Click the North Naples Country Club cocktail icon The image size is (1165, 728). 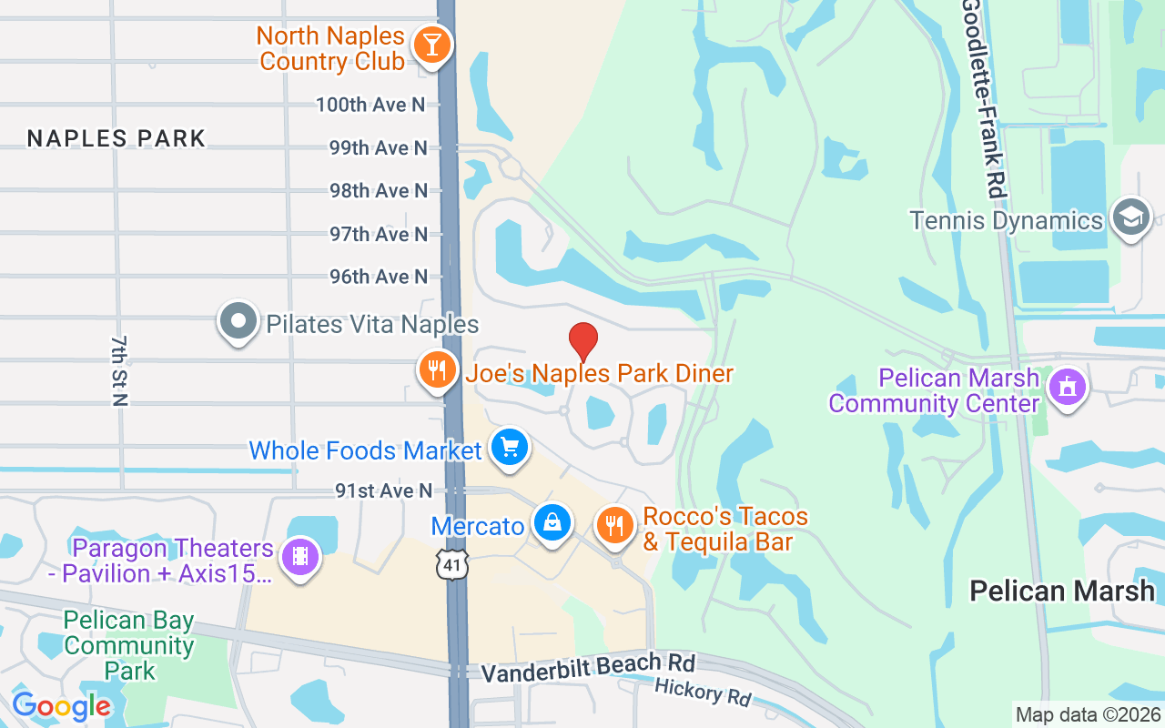[x=431, y=45]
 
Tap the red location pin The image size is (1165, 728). [x=583, y=342]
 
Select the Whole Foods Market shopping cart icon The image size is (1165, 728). [x=510, y=447]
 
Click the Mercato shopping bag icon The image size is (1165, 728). [x=552, y=522]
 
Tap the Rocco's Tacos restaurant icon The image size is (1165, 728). [x=615, y=525]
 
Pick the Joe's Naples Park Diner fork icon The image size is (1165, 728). [x=438, y=369]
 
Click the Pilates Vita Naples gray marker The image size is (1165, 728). [x=238, y=321]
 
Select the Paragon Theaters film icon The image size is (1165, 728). [x=299, y=555]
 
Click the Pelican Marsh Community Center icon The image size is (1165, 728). [x=1067, y=386]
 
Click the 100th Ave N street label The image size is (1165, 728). [x=371, y=105]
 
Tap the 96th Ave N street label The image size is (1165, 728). [x=379, y=276]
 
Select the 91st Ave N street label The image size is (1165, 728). [x=383, y=490]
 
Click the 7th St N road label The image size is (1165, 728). [x=119, y=369]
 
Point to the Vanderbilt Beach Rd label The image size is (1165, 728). [x=587, y=669]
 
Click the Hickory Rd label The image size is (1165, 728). [x=703, y=693]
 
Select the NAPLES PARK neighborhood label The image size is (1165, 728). [x=116, y=138]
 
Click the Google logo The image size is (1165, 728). [x=61, y=706]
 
